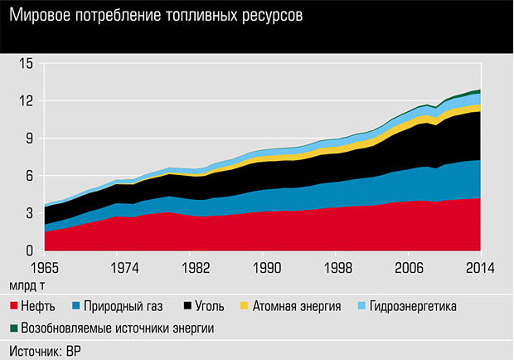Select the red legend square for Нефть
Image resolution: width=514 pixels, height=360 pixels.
click(12, 307)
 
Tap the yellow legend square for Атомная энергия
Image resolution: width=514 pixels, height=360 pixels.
click(243, 307)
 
